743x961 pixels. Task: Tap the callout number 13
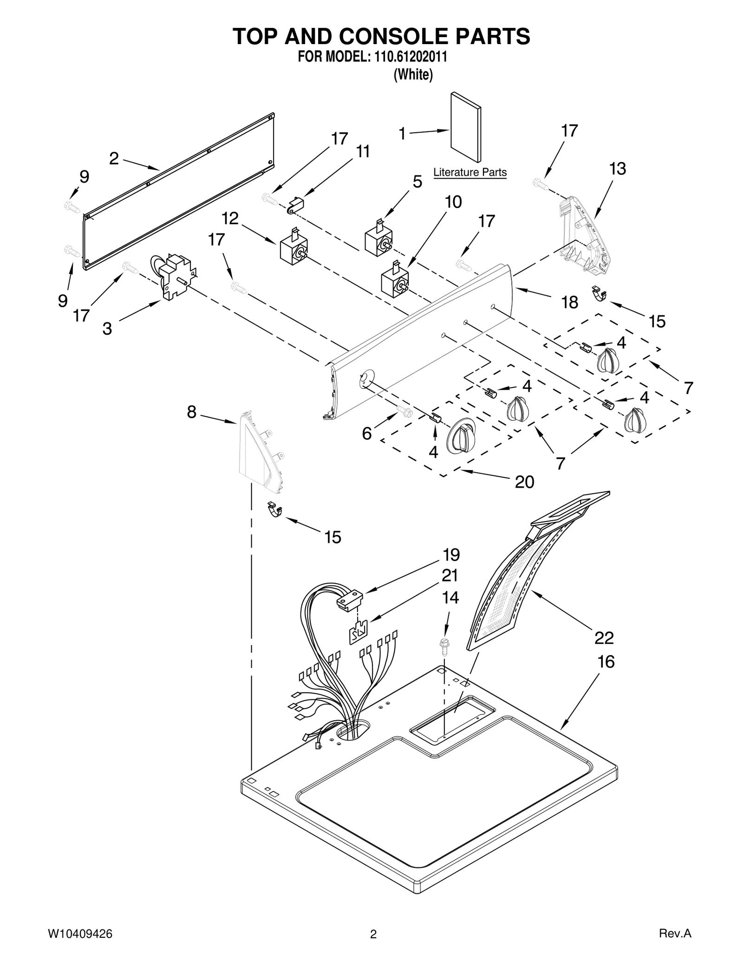[x=618, y=169]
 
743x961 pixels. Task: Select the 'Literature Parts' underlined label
[x=469, y=173]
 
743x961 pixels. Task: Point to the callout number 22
[x=604, y=638]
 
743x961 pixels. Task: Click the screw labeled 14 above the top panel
[x=445, y=646]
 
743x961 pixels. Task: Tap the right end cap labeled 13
[x=583, y=237]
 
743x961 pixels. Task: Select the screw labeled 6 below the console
[x=405, y=411]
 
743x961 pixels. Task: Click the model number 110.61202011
[x=408, y=58]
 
